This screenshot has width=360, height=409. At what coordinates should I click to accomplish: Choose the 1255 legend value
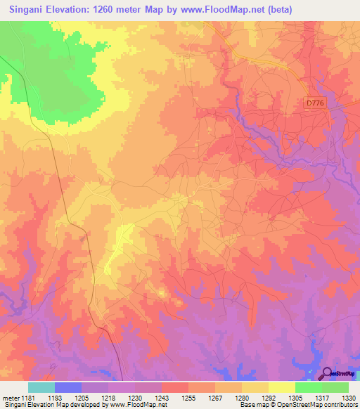(189, 398)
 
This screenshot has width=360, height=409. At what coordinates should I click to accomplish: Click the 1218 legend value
(109, 398)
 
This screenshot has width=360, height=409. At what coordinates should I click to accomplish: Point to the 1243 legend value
(162, 398)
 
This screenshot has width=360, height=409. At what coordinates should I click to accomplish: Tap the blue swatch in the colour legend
(67, 387)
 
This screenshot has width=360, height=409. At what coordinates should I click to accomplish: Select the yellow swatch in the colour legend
(281, 387)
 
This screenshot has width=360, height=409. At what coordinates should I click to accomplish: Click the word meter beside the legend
(10, 398)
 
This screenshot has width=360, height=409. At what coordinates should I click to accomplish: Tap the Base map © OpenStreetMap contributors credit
(298, 405)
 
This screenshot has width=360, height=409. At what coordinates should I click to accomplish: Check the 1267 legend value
(216, 398)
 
